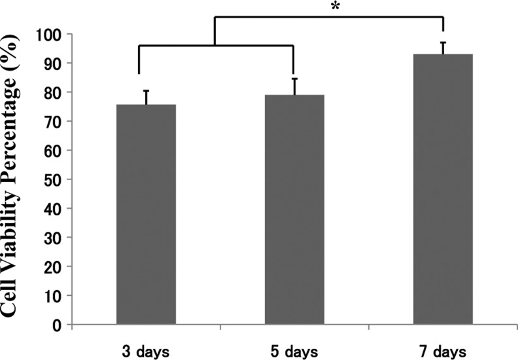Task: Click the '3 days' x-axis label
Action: (x=145, y=351)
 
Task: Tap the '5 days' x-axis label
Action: (x=294, y=351)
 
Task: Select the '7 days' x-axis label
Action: (x=443, y=351)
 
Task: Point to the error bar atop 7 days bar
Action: (x=443, y=47)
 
